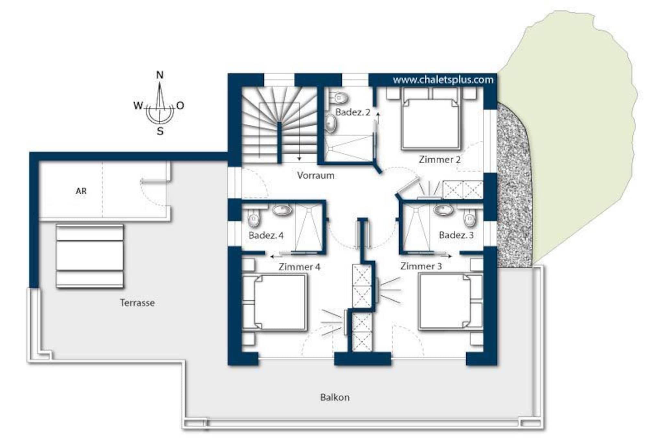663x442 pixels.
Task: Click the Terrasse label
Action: tap(137, 303)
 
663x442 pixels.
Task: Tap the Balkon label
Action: tap(335, 397)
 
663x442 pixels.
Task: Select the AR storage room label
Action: tap(81, 191)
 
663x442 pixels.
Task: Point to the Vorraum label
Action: tap(316, 176)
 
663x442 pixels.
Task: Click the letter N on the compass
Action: tap(160, 75)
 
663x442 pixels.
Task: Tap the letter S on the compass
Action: tap(160, 131)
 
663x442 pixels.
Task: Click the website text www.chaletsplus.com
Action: tap(443, 80)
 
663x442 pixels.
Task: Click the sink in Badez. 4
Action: tap(282, 210)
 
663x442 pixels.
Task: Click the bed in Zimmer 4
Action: tap(275, 302)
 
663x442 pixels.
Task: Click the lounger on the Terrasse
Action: tap(90, 256)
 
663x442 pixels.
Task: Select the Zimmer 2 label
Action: tap(439, 160)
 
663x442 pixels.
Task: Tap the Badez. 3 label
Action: tap(456, 235)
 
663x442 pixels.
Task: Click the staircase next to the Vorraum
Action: tap(279, 125)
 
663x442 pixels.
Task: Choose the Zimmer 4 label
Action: tap(299, 267)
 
